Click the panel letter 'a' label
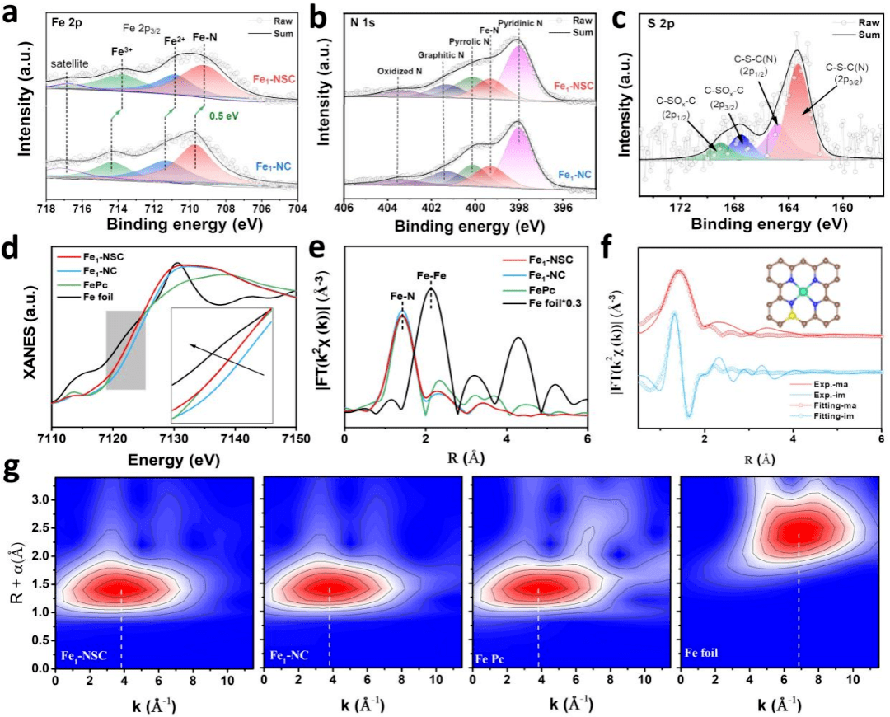pyautogui.click(x=12, y=15)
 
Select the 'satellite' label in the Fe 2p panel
pyautogui.click(x=67, y=64)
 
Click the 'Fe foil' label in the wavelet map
pyautogui.click(x=702, y=654)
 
